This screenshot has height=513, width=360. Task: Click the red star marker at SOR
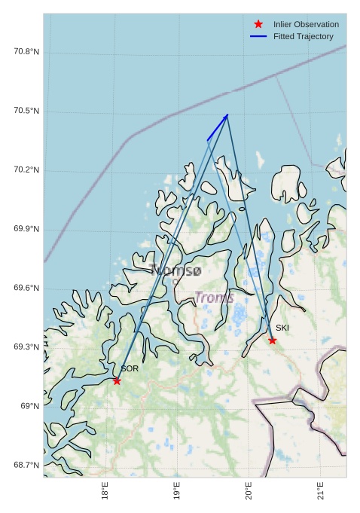[x=117, y=380]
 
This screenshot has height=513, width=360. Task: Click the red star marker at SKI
[x=272, y=340]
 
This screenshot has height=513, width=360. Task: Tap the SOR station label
[x=130, y=368]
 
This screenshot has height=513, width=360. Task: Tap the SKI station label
[x=282, y=328]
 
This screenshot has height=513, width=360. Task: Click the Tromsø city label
[x=176, y=270]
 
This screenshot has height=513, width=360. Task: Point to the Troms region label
[x=215, y=298]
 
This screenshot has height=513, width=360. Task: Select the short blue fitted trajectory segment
[x=217, y=127]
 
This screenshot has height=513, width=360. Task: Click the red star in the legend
[x=258, y=24]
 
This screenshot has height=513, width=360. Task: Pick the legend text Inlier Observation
[x=306, y=24]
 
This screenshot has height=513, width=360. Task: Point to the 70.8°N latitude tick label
[x=26, y=51]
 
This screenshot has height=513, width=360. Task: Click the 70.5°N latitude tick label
[x=26, y=111]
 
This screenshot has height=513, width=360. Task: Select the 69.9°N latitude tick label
[x=26, y=229]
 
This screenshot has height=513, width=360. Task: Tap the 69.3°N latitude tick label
[x=26, y=347]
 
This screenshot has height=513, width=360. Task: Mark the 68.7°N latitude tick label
[x=26, y=465]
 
